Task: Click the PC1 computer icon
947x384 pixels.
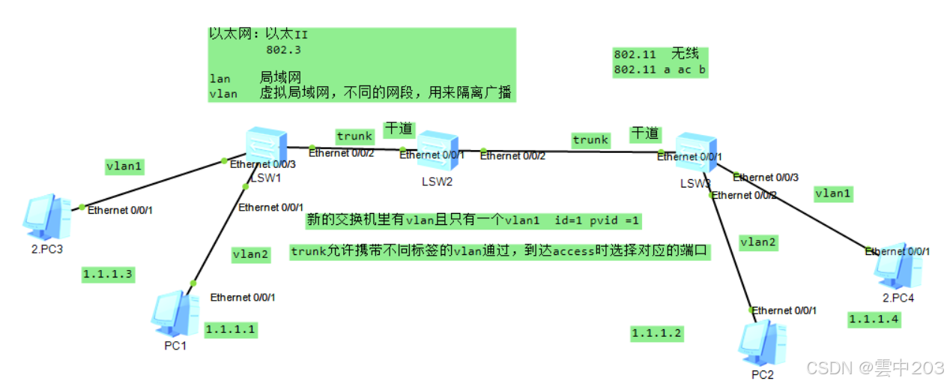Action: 175,313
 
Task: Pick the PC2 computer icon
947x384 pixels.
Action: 761,343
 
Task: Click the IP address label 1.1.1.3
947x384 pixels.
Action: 108,274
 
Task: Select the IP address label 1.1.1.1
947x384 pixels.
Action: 231,328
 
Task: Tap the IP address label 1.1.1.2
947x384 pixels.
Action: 656,334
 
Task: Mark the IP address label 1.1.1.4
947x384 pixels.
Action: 874,319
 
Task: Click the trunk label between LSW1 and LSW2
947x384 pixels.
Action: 354,136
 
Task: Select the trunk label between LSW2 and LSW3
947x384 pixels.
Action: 590,139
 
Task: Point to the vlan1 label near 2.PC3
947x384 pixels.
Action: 123,166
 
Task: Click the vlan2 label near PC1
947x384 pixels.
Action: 250,254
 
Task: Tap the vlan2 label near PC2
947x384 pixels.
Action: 758,241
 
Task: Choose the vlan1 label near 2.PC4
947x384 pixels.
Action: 833,193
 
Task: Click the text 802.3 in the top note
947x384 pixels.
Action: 283,50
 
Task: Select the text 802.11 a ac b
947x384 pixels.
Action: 659,70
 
